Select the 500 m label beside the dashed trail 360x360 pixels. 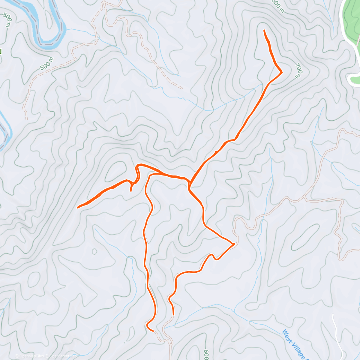pyautogui.click(x=47, y=63)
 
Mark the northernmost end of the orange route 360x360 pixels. pyautogui.click(x=264, y=31)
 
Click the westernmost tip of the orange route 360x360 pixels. pyautogui.click(x=78, y=207)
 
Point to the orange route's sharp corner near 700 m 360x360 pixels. pyautogui.click(x=282, y=72)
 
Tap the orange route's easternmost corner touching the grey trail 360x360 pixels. pyautogui.click(x=234, y=244)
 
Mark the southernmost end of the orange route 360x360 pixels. pyautogui.click(x=153, y=331)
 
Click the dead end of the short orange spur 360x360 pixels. pyautogui.click(x=131, y=190)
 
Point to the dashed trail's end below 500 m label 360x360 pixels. pyautogui.click(x=26, y=118)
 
